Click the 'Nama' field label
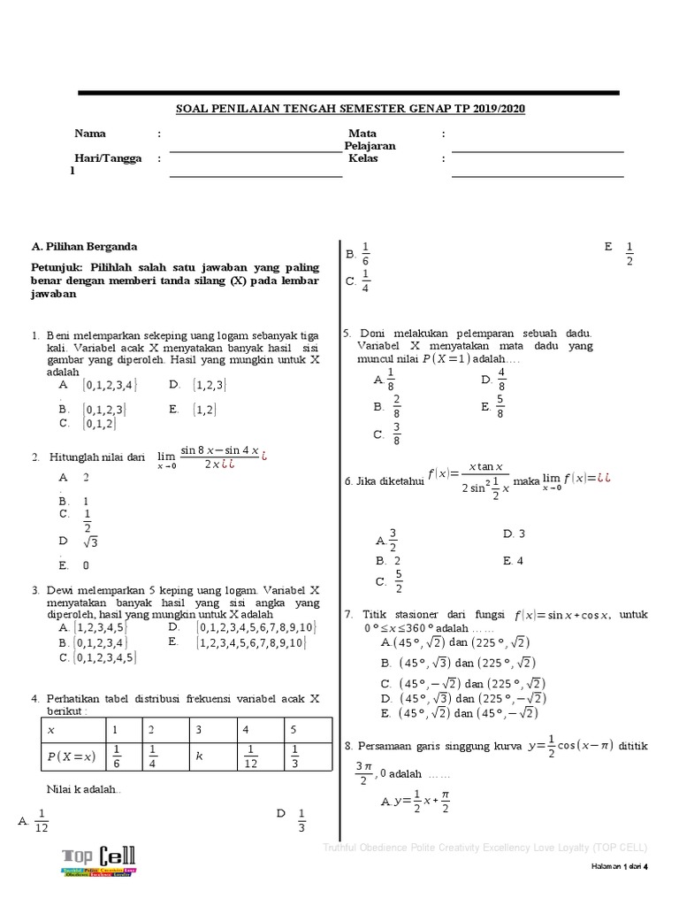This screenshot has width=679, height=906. pos(90,134)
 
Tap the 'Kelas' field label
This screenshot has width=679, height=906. pos(363,158)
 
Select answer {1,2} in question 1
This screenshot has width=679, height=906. pos(205,410)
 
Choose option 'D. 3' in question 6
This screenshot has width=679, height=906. pos(514,534)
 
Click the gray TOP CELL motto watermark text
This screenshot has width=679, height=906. pos(484,847)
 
